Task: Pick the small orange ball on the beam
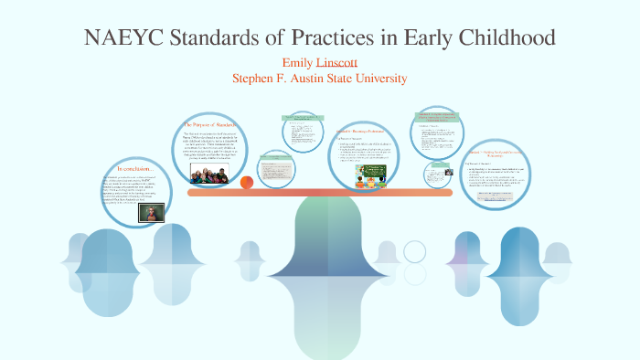246,182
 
